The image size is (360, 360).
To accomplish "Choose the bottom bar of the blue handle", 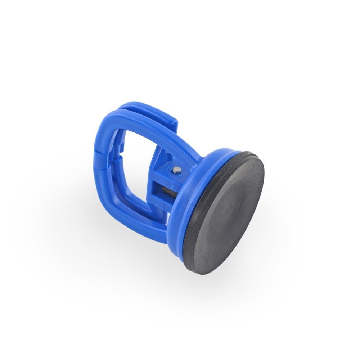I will click(x=144, y=216).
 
